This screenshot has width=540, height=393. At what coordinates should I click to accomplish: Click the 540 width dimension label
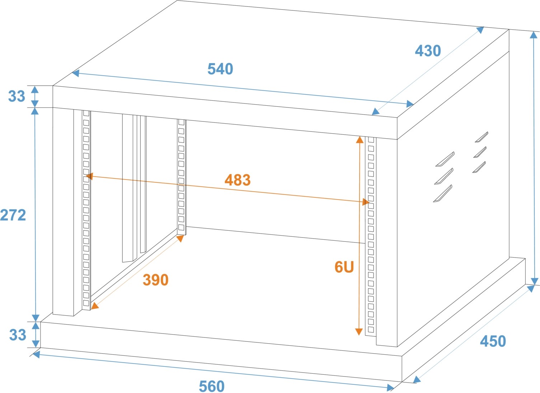(220, 69)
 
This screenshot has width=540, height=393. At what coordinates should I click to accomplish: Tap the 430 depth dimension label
(428, 51)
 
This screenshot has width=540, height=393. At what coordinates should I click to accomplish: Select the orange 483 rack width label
(238, 180)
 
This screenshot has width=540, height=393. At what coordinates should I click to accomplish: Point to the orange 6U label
(344, 267)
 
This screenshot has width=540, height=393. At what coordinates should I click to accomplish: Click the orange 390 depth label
(155, 280)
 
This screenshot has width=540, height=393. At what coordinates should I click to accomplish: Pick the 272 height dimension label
(13, 215)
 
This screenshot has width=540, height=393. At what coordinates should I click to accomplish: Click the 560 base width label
(212, 387)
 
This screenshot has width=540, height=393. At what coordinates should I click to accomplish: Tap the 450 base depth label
(493, 341)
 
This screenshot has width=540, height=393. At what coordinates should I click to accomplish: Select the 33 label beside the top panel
(17, 96)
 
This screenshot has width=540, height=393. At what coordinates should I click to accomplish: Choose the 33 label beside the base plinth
(18, 335)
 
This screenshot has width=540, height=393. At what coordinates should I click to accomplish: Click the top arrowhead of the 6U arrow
(360, 140)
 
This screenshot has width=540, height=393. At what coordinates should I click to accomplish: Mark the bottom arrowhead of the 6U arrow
(359, 332)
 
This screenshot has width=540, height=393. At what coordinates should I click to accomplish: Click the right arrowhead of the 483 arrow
(366, 202)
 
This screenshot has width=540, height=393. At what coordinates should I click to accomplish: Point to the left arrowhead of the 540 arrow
(75, 73)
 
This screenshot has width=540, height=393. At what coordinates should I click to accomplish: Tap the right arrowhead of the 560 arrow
(390, 388)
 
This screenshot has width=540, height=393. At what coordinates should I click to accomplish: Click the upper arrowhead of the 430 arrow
(480, 30)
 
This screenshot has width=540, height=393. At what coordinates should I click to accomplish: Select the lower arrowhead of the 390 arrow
(95, 306)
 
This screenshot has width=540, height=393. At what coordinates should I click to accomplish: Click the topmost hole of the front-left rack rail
(86, 113)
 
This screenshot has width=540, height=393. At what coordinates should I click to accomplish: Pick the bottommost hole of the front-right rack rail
(371, 330)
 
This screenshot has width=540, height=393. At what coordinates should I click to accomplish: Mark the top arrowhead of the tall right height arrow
(534, 35)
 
